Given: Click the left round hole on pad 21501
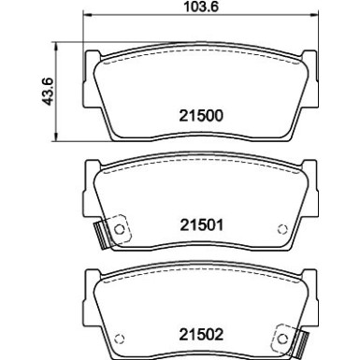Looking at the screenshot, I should (118, 228).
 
